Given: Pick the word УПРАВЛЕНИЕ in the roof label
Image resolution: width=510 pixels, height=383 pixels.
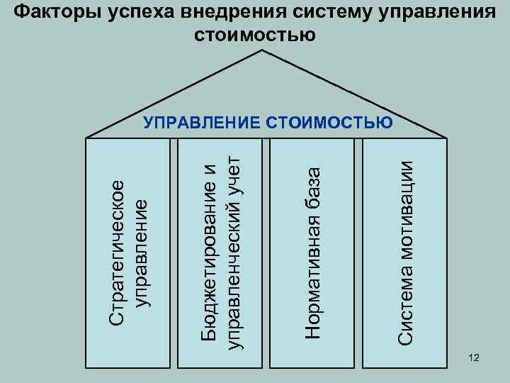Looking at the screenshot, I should pyautogui.click(x=203, y=123).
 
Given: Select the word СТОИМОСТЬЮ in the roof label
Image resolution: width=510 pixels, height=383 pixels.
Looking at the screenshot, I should pyautogui.click(x=330, y=123).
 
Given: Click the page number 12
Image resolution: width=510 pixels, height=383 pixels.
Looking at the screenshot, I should pyautogui.click(x=474, y=361).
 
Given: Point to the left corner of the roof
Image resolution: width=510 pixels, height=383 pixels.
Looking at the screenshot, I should pyautogui.click(x=86, y=136).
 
